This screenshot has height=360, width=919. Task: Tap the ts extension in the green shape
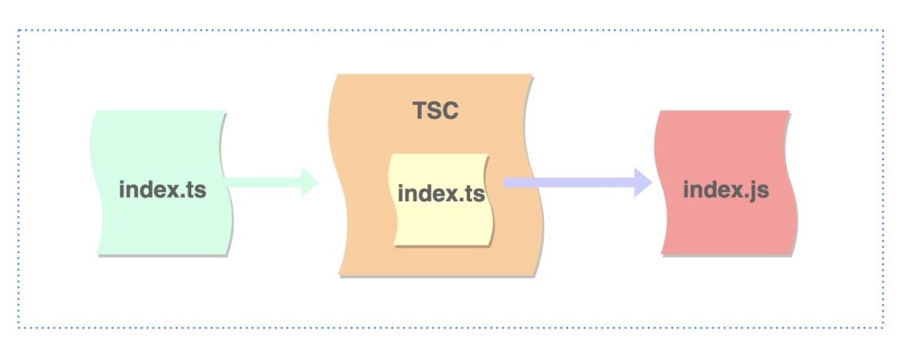[x=196, y=190]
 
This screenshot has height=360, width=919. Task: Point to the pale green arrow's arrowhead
[x=311, y=182]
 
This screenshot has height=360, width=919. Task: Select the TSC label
[x=435, y=111]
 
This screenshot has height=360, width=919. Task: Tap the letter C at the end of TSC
[x=451, y=111]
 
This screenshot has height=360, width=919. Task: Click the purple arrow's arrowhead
[x=643, y=182]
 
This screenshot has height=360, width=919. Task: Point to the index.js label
[x=725, y=189]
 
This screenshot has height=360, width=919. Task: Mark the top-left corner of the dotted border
[x=19, y=31]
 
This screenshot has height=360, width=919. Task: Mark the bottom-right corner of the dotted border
[x=883, y=328]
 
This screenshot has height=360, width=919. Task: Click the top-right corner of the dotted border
[x=883, y=31]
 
